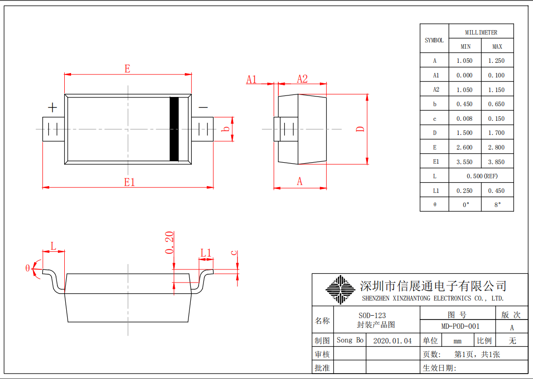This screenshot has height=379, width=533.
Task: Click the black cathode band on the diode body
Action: pyautogui.click(x=174, y=129)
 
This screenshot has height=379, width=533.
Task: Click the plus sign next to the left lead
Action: pyautogui.click(x=52, y=108)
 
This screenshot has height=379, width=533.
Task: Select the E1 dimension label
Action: pyautogui.click(x=129, y=182)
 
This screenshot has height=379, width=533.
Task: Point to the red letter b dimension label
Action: pyautogui.click(x=225, y=129)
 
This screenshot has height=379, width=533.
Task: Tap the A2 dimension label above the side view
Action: pyautogui.click(x=302, y=79)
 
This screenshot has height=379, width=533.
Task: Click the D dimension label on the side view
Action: pyautogui.click(x=360, y=129)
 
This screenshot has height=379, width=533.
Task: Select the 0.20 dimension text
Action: pyautogui.click(x=169, y=243)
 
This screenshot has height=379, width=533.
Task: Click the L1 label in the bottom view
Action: pyautogui.click(x=206, y=253)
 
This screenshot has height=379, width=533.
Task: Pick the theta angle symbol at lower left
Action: pyautogui.click(x=28, y=268)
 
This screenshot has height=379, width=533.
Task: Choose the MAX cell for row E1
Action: pyautogui.click(x=497, y=162)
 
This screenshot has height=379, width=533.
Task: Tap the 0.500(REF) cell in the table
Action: pyautogui.click(x=481, y=176)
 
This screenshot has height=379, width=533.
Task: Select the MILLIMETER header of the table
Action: pyautogui.click(x=481, y=32)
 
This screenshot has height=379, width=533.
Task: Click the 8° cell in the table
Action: pyautogui.click(x=497, y=205)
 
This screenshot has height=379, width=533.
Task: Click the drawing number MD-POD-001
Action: pyautogui.click(x=457, y=326)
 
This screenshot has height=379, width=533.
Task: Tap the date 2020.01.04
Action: pyautogui.click(x=392, y=341)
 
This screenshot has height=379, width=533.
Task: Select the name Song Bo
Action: pyautogui.click(x=349, y=340)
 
